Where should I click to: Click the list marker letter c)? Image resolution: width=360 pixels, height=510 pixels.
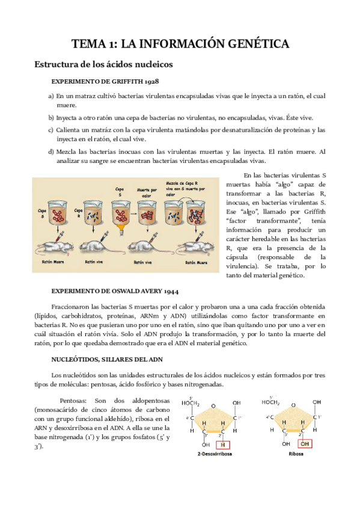click(x=50, y=129)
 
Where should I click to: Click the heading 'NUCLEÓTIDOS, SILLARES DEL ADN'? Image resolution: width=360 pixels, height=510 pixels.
click(x=107, y=359)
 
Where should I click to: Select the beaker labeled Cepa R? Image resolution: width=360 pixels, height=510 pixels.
click(x=89, y=217)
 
